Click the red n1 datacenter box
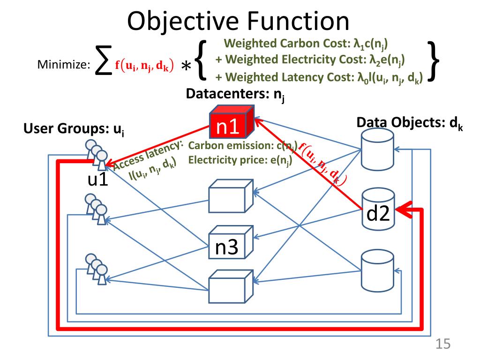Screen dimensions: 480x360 232,122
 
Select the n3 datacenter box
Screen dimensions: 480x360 231,242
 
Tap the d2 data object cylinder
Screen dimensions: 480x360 378,210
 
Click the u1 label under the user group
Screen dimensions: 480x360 97,179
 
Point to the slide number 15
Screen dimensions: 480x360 443,344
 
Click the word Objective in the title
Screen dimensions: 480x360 183,21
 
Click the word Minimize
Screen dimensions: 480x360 64,65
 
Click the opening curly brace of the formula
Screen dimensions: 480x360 201,60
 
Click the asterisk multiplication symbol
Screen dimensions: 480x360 186,66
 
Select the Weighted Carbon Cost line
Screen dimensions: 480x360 306,44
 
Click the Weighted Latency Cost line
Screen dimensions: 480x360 319,78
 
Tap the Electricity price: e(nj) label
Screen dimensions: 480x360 240,160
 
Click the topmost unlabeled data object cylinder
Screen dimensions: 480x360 377,149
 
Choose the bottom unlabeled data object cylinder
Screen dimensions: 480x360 377,270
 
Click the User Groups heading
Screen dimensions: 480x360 74,129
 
